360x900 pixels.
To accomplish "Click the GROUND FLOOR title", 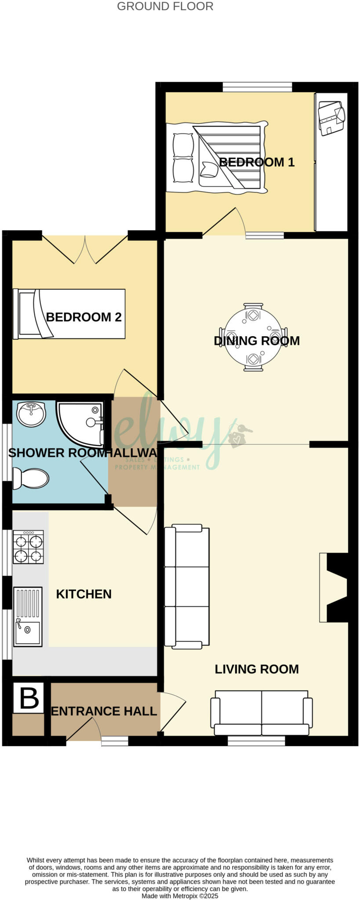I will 165,7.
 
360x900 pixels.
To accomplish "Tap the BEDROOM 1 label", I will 257,162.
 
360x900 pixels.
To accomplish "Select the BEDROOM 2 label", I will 84,317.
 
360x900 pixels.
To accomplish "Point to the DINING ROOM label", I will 257,341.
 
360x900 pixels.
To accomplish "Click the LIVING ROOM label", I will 257,669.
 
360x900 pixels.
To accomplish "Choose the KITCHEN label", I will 84,594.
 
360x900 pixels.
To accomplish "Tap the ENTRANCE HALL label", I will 104,711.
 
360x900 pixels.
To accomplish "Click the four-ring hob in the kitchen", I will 29,547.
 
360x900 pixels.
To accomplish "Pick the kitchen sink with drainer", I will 28,617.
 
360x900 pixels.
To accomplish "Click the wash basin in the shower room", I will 31,414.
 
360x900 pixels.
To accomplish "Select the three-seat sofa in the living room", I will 186,586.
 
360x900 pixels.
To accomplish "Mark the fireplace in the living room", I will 334,587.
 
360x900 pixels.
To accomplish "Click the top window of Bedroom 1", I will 257,87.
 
